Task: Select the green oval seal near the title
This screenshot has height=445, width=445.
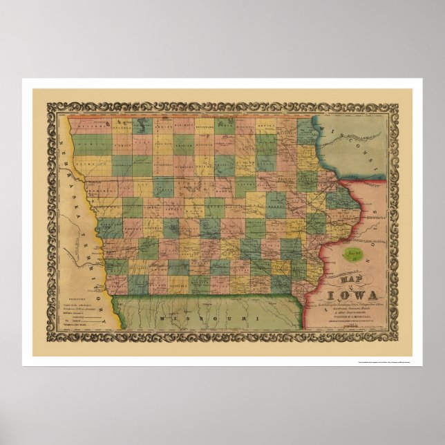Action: [x=353, y=253]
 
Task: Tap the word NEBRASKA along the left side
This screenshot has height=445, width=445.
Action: [x=70, y=187]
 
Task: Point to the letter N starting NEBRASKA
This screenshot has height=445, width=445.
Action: [x=60, y=146]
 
